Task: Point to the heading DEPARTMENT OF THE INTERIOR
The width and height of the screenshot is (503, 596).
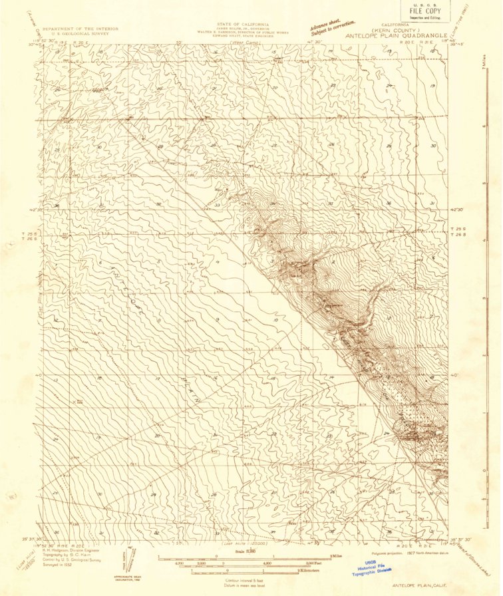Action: [x=81, y=29]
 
